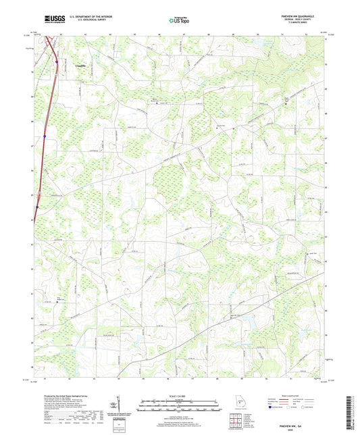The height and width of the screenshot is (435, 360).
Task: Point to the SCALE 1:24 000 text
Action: point(180,395)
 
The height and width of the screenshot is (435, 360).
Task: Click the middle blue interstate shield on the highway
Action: point(44,135)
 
